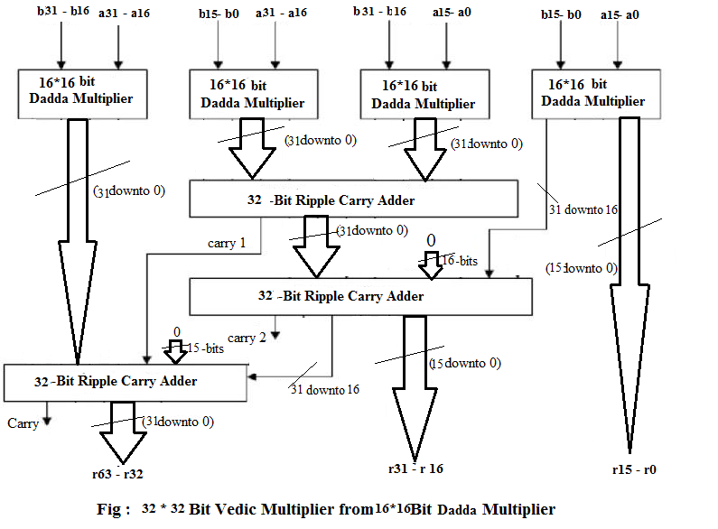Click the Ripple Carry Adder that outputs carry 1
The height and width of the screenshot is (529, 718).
[x=353, y=199]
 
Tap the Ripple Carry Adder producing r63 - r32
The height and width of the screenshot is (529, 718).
[x=126, y=382]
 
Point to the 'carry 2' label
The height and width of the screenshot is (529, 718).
[x=247, y=338]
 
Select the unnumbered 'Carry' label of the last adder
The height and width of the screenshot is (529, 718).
[x=23, y=422]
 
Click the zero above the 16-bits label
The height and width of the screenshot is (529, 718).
[x=432, y=239]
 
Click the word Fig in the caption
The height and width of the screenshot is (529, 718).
[x=108, y=509]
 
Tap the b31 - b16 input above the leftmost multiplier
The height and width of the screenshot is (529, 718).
[x=61, y=14]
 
